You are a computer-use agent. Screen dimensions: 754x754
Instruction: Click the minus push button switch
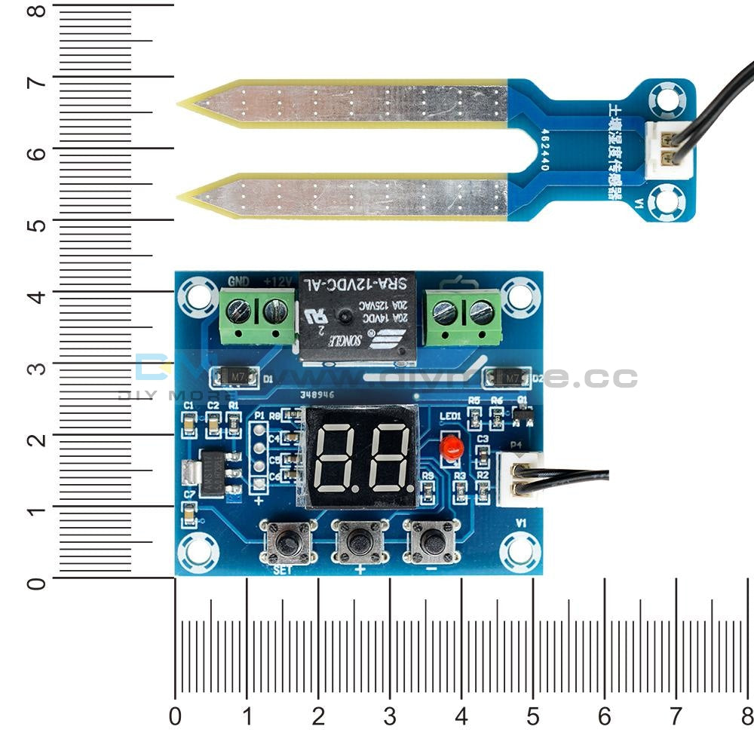pyautogui.click(x=432, y=541)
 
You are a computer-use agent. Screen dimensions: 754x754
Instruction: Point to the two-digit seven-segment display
pyautogui.click(x=360, y=457)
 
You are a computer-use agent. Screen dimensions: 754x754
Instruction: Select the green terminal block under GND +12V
pyautogui.click(x=258, y=317)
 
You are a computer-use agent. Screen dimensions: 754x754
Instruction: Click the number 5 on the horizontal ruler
pyautogui.click(x=533, y=716)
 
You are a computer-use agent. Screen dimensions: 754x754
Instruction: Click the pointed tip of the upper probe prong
pyautogui.click(x=181, y=104)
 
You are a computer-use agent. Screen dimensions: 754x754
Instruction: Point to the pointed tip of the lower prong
pyautogui.click(x=181, y=198)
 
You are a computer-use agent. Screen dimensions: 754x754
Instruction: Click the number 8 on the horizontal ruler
pyautogui.click(x=746, y=716)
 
